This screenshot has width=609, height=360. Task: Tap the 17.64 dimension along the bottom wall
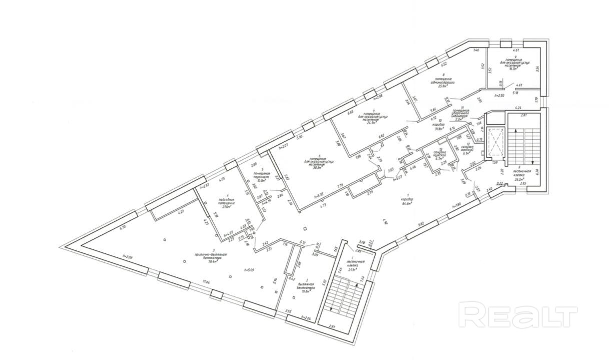206,281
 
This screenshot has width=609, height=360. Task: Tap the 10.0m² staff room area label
260,181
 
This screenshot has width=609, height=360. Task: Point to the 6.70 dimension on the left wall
122,227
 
